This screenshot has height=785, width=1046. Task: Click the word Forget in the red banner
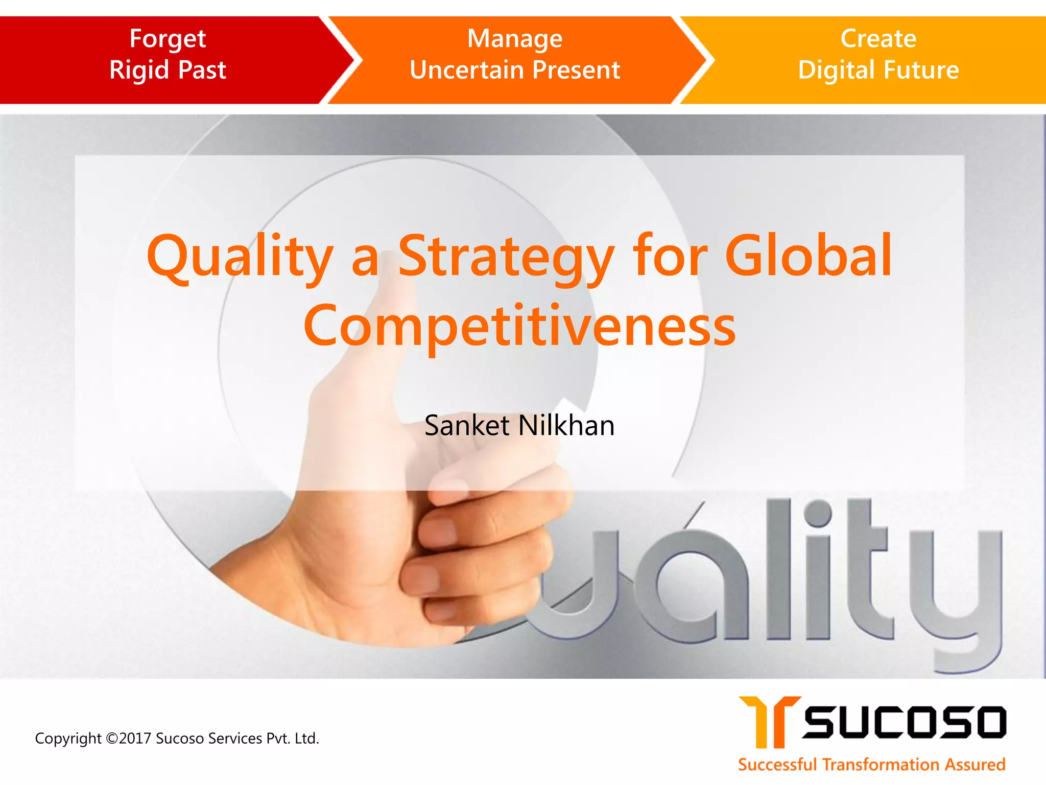pyautogui.click(x=168, y=39)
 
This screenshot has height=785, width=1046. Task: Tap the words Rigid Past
pyautogui.click(x=168, y=70)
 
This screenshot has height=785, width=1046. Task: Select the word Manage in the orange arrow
pyautogui.click(x=515, y=39)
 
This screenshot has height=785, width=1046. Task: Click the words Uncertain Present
pyautogui.click(x=515, y=70)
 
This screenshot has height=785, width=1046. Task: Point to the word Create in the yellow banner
pyautogui.click(x=878, y=39)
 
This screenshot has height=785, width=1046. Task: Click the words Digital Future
pyautogui.click(x=878, y=70)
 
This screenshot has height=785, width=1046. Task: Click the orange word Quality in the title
pyautogui.click(x=240, y=257)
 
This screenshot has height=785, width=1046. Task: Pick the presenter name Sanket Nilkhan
pyautogui.click(x=519, y=426)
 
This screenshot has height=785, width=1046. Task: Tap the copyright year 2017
pyautogui.click(x=135, y=738)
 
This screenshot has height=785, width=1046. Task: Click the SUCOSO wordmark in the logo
pyautogui.click(x=904, y=722)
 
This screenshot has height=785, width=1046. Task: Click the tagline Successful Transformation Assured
pyautogui.click(x=871, y=765)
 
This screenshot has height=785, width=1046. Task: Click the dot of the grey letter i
pyautogui.click(x=820, y=513)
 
